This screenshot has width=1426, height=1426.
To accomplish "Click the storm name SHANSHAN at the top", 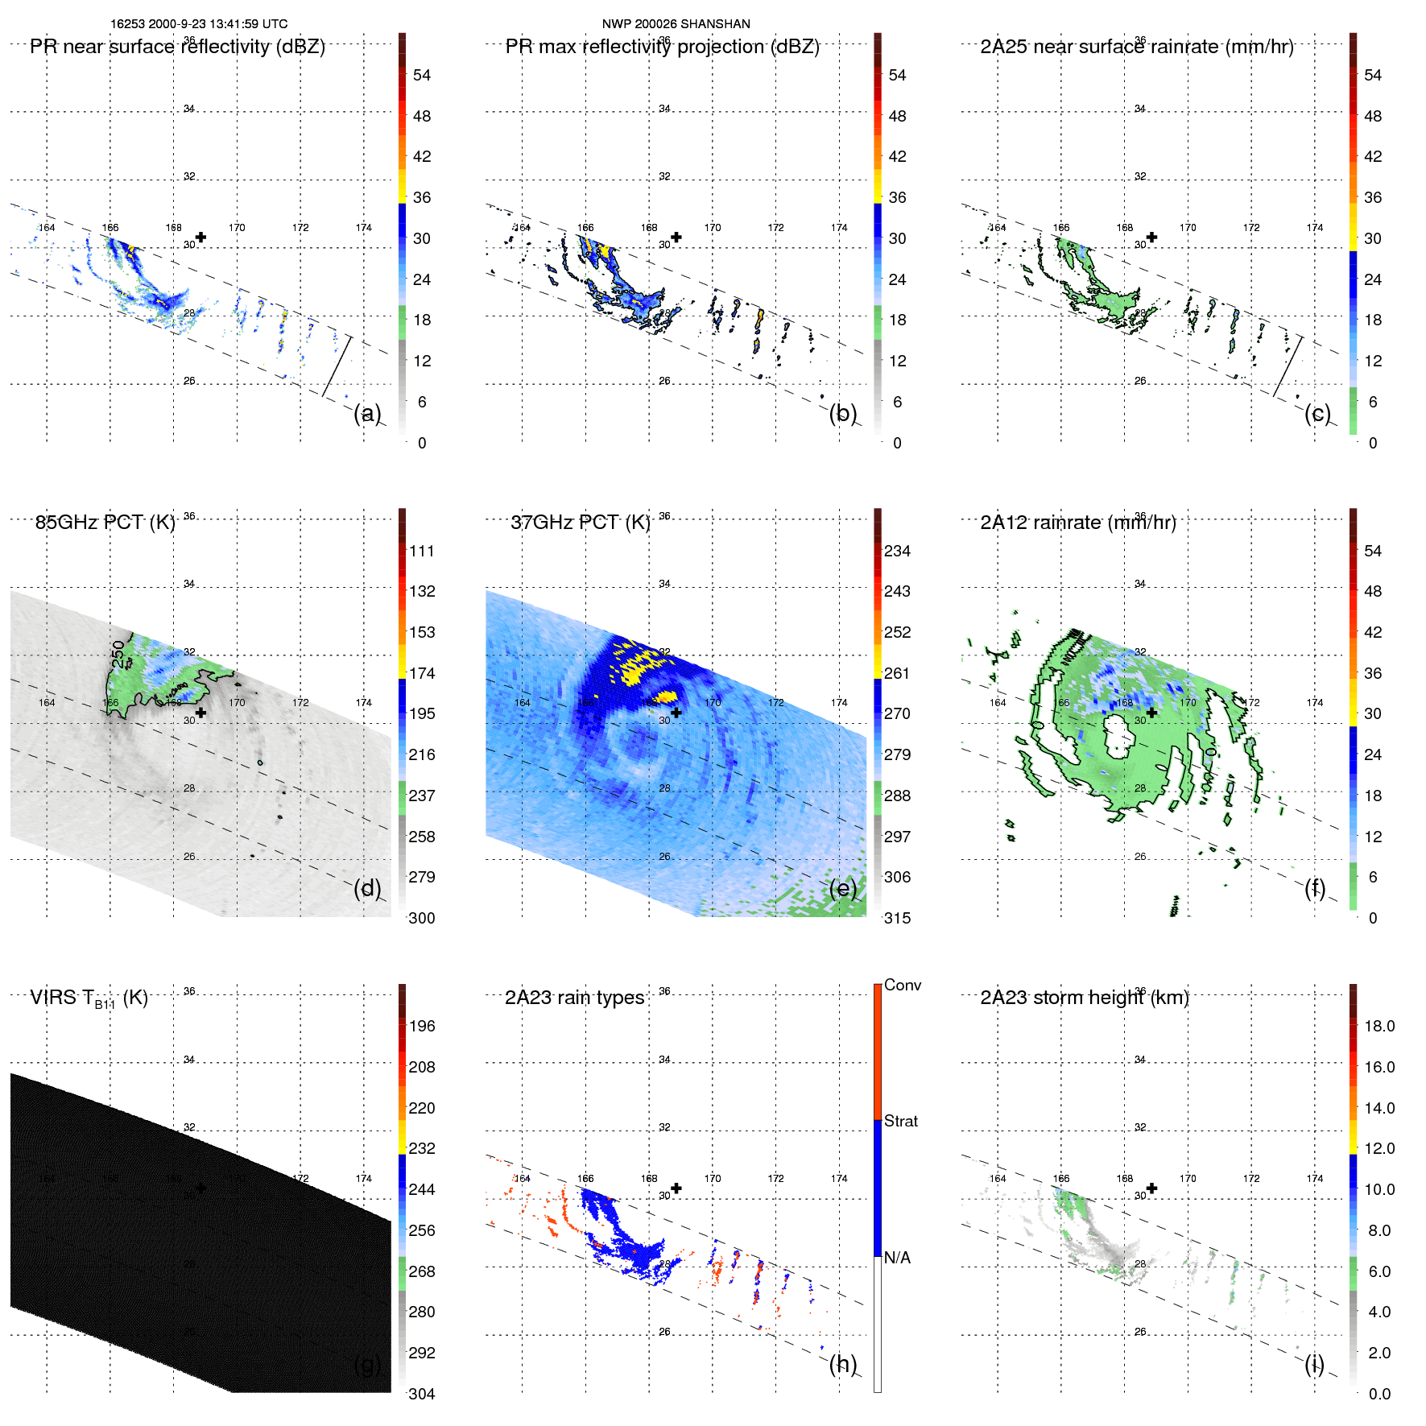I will [x=715, y=24].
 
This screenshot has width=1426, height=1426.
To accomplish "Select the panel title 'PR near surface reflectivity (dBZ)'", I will [x=177, y=47].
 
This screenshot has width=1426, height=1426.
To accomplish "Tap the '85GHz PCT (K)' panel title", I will [x=105, y=523].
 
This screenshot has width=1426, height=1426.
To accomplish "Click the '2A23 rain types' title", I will [x=574, y=998].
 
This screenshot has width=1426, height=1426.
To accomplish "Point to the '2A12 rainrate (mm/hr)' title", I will [x=1077, y=523].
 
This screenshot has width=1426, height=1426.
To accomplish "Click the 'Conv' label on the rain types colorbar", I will [x=902, y=985].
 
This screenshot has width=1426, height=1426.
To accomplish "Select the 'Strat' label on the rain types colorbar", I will [x=900, y=1121].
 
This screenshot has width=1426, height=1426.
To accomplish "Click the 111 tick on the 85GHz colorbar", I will [x=421, y=551].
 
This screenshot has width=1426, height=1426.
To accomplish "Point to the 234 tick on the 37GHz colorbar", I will [x=897, y=551].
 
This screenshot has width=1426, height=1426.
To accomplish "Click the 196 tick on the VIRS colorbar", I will [x=421, y=1026].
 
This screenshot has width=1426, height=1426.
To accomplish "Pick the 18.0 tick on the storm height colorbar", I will [x=1378, y=1026].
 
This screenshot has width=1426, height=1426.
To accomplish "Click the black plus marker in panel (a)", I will [x=200, y=238].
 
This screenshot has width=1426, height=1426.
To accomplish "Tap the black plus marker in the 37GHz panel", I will [x=676, y=713].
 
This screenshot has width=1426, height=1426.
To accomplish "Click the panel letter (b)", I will [x=842, y=413].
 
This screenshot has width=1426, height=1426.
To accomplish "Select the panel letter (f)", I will [x=1314, y=888].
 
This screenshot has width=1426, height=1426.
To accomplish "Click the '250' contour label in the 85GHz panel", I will [x=118, y=654].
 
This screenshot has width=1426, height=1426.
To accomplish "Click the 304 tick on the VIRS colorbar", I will [x=421, y=1394].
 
